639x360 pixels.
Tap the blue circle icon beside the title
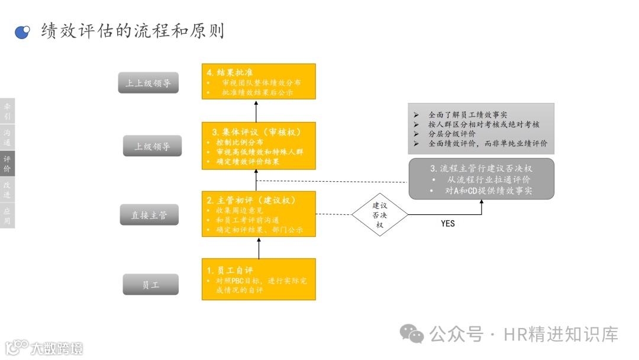[22, 32]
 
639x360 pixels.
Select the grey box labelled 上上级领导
[148, 83]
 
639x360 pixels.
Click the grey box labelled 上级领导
[152, 146]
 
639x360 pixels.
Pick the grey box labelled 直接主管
[150, 216]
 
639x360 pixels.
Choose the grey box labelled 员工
[150, 285]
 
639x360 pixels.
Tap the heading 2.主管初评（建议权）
[251, 200]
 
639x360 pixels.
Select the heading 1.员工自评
[230, 270]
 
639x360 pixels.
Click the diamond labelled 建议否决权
[379, 214]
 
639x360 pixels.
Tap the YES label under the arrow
[448, 224]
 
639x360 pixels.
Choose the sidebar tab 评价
[7, 164]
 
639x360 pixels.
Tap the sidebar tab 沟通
[7, 137]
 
